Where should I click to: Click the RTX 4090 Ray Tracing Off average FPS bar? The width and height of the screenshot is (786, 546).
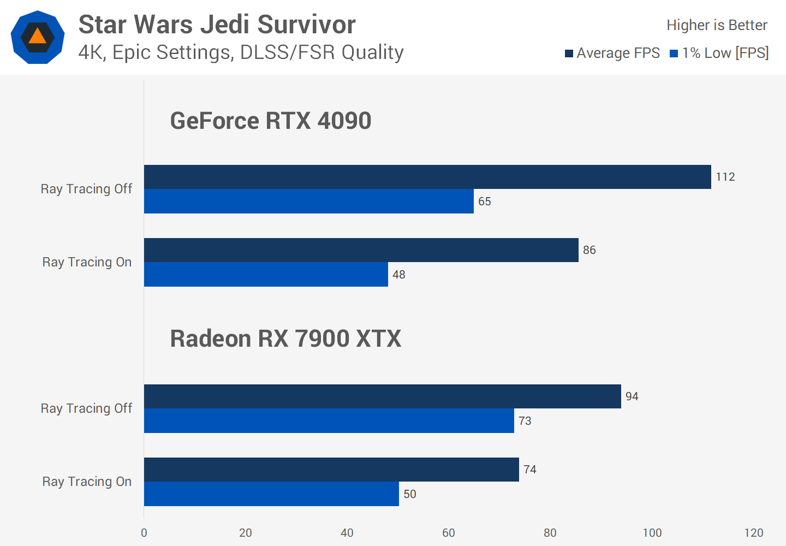427,177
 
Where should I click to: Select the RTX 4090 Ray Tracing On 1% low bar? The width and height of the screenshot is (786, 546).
266,274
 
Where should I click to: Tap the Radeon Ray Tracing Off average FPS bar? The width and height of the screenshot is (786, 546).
382,396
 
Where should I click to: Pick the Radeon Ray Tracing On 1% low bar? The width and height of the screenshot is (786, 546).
271,494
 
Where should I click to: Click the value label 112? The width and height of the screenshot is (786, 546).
725,177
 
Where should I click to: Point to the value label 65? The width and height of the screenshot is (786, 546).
485,201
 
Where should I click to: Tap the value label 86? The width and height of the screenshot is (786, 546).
589,250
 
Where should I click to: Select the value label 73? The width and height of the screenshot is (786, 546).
525,421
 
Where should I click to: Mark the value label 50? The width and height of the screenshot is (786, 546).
410,494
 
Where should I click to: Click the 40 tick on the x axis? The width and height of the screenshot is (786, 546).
347,533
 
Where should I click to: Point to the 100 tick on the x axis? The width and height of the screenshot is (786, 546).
652,533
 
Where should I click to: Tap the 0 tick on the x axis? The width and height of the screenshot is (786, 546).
144,533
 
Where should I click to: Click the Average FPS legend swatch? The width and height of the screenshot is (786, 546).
569,54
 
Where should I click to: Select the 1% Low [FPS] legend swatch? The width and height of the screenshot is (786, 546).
674,54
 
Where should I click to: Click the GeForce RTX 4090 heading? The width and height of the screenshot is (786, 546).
271,121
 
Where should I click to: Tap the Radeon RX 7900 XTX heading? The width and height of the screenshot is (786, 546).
285,339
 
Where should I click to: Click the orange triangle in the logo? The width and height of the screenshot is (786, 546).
37,37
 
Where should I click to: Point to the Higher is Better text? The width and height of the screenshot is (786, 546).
717,25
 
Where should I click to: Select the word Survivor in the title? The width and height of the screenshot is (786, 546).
306,25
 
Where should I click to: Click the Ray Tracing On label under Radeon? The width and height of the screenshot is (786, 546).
87,482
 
